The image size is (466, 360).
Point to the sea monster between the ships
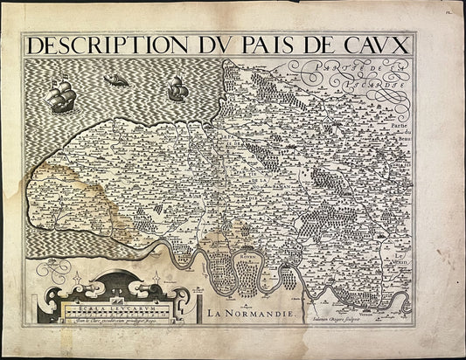115,81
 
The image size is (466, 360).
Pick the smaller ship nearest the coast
176,88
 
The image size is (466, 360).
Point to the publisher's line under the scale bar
108,321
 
